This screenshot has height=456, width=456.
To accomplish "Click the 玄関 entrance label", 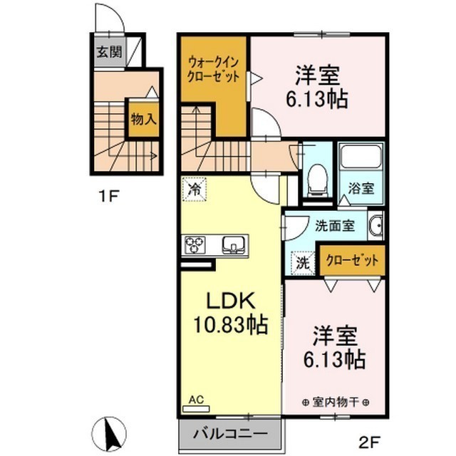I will [x=108, y=52].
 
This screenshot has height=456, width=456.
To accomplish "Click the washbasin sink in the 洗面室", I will [x=377, y=225].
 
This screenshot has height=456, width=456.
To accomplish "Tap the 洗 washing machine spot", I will [x=304, y=262].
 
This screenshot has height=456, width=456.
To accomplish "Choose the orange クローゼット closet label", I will [x=353, y=261].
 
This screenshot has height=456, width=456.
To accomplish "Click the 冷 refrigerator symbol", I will [x=193, y=190].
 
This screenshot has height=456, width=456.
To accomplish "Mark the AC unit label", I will [x=197, y=401].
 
